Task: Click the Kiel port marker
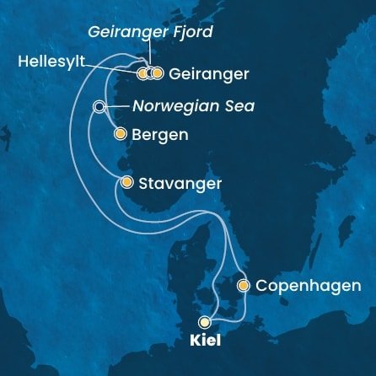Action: [x=204, y=321]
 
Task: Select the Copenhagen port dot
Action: [x=244, y=286]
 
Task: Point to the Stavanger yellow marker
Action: [x=126, y=182]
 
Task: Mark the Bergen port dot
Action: [x=119, y=133]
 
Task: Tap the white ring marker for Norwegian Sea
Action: [x=99, y=107]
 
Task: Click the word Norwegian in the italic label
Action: [x=166, y=107]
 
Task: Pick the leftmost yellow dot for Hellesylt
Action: [x=142, y=73]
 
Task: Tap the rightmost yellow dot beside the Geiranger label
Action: [x=157, y=73]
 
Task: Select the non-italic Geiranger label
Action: [x=208, y=74]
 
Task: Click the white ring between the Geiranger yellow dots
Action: [x=150, y=73]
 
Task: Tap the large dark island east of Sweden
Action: [x=345, y=227]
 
